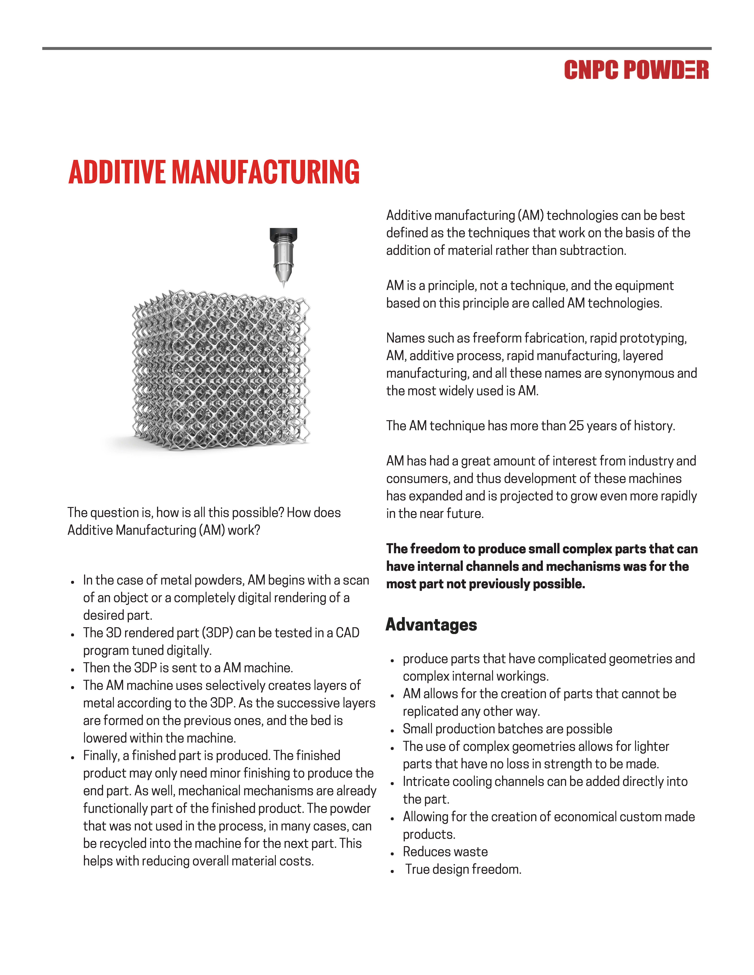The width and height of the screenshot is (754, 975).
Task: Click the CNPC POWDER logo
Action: pyautogui.click(x=636, y=70)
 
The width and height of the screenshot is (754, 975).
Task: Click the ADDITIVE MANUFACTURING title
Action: pyautogui.click(x=214, y=172)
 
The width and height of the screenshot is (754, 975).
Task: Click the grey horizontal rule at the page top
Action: pyautogui.click(x=377, y=48)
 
